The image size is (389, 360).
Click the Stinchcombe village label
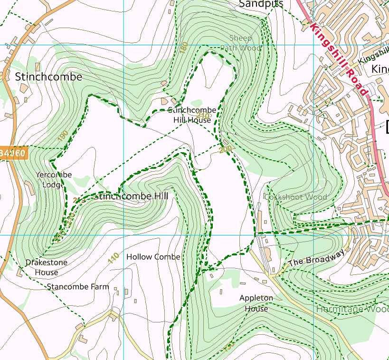tap(48, 77)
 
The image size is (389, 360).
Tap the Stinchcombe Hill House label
tap(192, 115)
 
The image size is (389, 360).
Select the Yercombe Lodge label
tap(54, 179)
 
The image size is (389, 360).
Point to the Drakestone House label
tap(46, 267)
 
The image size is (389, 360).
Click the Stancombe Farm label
tap(77, 287)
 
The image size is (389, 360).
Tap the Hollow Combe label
tap(153, 257)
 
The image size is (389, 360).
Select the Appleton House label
tap(256, 303)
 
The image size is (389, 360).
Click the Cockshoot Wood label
tap(295, 196)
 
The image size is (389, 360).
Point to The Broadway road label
tap(315, 259)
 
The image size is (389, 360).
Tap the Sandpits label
tap(261, 4)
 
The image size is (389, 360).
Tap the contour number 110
tap(113, 258)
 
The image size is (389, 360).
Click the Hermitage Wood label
tap(352, 309)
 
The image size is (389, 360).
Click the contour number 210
tap(202, 115)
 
